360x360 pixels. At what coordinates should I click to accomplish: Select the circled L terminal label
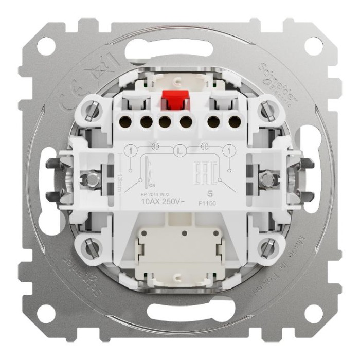179,151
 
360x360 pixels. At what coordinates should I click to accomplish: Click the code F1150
209,203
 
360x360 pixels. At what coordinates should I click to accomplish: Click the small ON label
152,186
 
